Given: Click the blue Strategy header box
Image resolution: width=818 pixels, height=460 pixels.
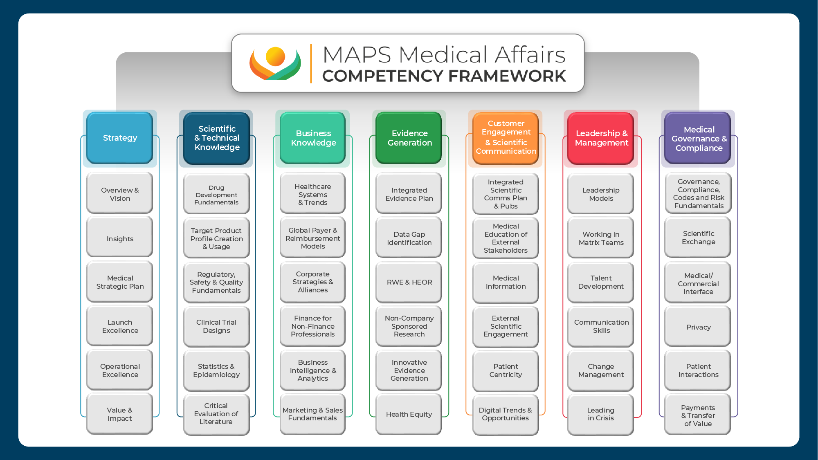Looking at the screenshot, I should coord(120,138).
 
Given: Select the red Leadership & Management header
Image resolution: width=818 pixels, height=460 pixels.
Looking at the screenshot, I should coord(601,138).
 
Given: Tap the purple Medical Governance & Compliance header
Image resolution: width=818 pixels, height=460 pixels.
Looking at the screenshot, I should coord(699,138).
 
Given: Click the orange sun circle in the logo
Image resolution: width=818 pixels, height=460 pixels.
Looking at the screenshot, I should coord(275,56).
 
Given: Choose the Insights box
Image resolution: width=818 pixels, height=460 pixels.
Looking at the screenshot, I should coord(120,238).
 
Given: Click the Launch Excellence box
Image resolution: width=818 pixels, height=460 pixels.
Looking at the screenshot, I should coord(120,326).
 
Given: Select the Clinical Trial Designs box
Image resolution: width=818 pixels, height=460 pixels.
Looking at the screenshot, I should coord(216,326).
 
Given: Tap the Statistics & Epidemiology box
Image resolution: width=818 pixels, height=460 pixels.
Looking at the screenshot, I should coord(216,370).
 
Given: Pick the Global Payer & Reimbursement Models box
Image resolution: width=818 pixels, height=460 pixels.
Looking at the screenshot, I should coord(313,238).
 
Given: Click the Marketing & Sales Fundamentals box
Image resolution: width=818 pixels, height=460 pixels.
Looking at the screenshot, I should coord(313,414).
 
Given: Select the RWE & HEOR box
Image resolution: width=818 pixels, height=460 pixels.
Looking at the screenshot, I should coord(409,282).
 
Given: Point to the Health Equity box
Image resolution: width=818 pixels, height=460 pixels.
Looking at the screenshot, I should coord(409,414).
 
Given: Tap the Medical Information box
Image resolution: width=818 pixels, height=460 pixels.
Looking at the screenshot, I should coord(506,282).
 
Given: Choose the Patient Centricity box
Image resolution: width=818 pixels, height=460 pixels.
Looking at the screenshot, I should coord(506,370).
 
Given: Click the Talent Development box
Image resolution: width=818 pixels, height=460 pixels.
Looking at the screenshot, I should coord(601,282).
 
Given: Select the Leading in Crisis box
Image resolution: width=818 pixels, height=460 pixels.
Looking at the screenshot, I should coord(601,414).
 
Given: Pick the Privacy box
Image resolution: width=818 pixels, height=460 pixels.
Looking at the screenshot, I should coord(698,327).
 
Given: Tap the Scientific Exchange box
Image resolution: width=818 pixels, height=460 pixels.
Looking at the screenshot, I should coord(698,238).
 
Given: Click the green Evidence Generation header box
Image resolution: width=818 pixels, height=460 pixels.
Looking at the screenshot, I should coord(409,138).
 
